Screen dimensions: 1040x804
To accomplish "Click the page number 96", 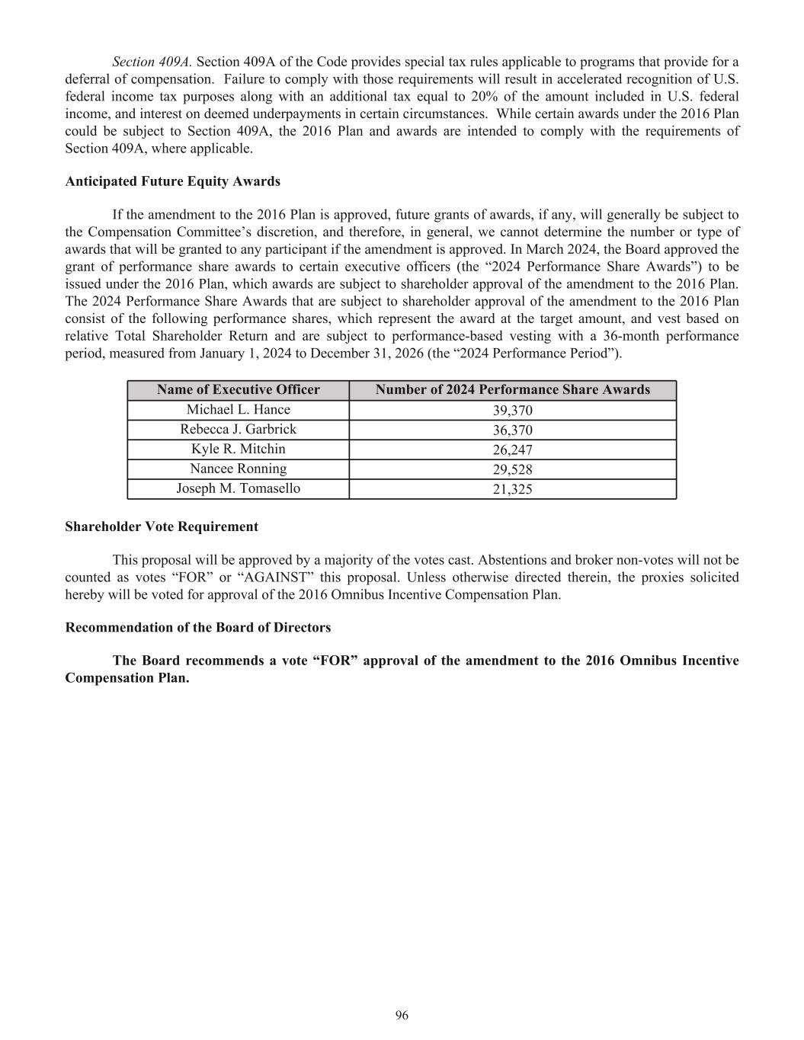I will pyautogui.click(x=402, y=1015).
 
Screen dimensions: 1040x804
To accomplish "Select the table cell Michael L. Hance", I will pyautogui.click(x=238, y=410).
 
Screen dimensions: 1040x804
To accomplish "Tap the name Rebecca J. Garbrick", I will pyautogui.click(x=238, y=430).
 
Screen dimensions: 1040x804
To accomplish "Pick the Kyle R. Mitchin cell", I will pyautogui.click(x=238, y=450).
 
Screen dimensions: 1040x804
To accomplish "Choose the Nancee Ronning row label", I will pyautogui.click(x=238, y=469).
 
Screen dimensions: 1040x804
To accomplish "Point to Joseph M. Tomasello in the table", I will pyautogui.click(x=238, y=488).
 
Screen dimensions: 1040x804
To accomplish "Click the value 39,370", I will pyautogui.click(x=512, y=411).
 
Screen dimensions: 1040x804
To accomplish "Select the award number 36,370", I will pyautogui.click(x=512, y=430).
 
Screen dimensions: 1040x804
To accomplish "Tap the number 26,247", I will pyautogui.click(x=512, y=450).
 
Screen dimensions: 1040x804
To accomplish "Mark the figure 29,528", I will pyautogui.click(x=512, y=470).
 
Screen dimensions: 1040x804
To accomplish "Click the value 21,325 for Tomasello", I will pyautogui.click(x=512, y=489).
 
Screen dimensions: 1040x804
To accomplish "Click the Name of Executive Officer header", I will pyautogui.click(x=238, y=390).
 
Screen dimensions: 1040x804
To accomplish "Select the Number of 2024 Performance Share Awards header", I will pyautogui.click(x=512, y=390).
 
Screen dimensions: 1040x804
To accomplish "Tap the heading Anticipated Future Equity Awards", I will pyautogui.click(x=172, y=181).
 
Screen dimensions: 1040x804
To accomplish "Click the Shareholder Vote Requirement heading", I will pyautogui.click(x=162, y=526).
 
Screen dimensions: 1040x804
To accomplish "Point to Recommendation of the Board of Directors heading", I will pyautogui.click(x=198, y=628).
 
